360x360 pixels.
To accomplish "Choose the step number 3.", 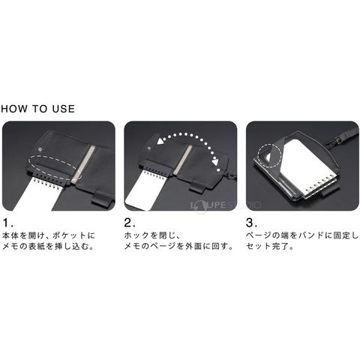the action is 251,223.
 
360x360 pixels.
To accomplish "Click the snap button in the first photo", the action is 40,149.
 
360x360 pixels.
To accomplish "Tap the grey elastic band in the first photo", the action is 83,163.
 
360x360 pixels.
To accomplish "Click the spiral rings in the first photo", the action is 46,184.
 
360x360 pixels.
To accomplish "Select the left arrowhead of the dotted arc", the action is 160,141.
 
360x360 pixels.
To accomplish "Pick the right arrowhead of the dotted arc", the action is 215,163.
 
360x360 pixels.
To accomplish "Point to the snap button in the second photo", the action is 149,148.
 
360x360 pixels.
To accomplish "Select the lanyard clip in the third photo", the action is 330,143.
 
